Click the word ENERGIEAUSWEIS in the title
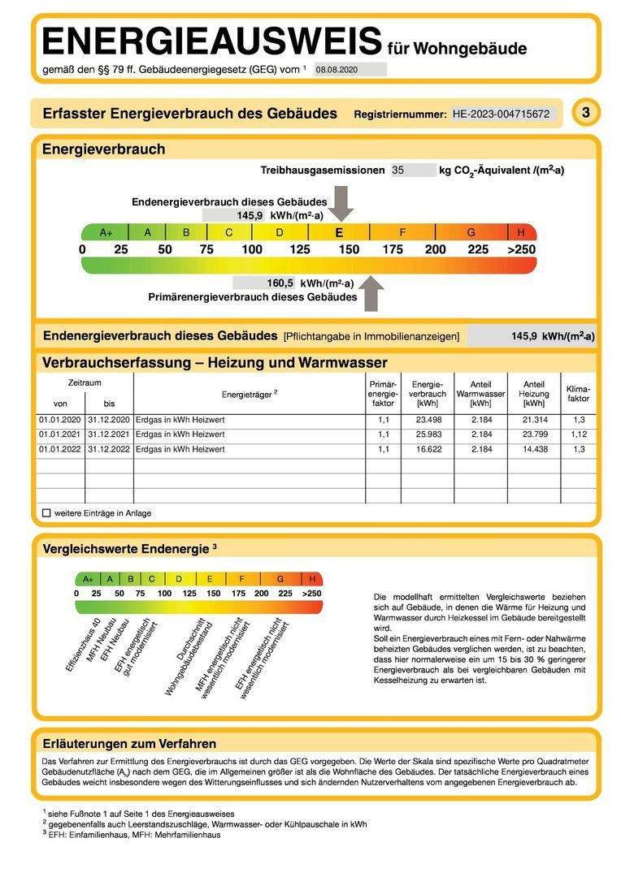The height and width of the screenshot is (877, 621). coord(211,41)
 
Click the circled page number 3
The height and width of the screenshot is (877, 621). coord(585,113)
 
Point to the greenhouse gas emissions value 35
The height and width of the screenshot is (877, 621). coord(397,171)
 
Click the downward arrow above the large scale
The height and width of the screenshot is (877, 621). coord(342,203)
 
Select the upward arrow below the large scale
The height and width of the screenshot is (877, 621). coord(371,292)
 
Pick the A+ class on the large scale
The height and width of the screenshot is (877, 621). coord(106,232)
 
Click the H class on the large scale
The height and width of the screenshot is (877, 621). coord(521,232)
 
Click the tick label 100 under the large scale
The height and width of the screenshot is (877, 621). coord(252,249)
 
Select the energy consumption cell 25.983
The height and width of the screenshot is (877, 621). coord(428,434)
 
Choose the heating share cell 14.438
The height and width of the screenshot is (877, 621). coord(534,449)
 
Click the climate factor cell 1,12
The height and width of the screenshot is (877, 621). coord(578,434)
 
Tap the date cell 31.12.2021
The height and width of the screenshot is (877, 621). coord(109,434)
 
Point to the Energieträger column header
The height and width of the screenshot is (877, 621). coord(250,394)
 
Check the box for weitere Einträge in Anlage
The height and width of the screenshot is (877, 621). coord(46,513)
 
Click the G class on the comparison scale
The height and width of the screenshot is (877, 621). coord(280,579)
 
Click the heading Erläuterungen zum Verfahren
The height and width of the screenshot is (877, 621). coord(129,743)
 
